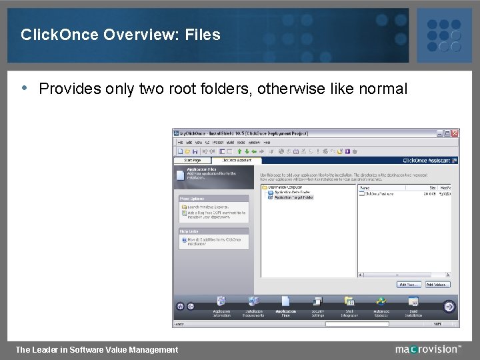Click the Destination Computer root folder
[284, 188]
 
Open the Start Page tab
[192, 160]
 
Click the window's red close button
[455, 133]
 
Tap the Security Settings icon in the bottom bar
[318, 303]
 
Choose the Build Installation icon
[413, 303]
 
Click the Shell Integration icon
[349, 303]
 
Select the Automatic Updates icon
[381, 303]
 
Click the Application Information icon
[221, 303]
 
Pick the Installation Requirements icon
[253, 303]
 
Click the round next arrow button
[449, 307]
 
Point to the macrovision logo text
[427, 349]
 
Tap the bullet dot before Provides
[25, 87]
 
